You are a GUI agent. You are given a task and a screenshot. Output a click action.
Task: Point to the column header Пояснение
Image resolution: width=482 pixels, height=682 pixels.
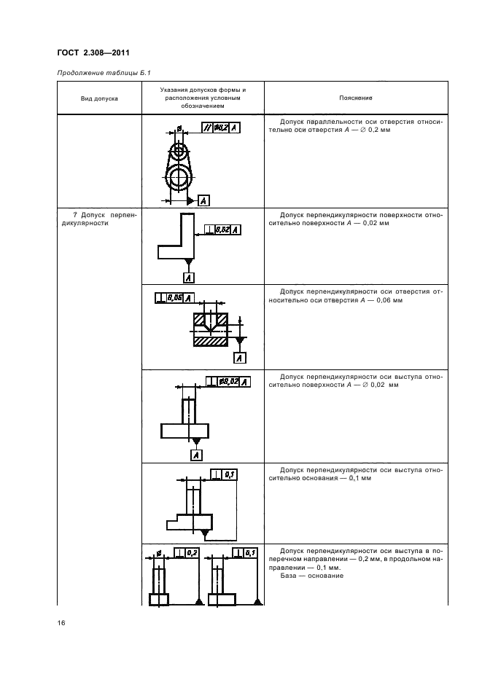355,98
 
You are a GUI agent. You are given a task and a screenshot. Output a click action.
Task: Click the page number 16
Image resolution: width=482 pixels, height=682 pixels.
62,624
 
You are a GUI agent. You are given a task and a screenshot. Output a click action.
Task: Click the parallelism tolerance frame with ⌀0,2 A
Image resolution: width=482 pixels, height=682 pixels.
220,128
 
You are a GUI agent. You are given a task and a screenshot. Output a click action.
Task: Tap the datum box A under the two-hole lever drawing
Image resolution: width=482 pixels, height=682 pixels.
203,200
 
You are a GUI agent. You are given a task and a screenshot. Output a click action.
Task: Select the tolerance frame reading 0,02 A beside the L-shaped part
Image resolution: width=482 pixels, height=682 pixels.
223,230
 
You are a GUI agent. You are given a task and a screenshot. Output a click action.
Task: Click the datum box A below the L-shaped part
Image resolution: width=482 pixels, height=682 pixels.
189,278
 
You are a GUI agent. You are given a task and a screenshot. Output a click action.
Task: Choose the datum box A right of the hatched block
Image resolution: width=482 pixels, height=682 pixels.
240,357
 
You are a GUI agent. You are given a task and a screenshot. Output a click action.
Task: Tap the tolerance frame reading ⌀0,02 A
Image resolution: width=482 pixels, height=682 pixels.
228,382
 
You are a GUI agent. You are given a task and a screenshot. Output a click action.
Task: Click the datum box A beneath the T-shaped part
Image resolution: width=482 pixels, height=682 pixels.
195,455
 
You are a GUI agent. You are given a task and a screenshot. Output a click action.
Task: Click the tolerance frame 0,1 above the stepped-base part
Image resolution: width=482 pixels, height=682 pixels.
224,475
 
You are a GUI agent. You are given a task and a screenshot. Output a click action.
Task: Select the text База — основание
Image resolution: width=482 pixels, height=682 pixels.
308,576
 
